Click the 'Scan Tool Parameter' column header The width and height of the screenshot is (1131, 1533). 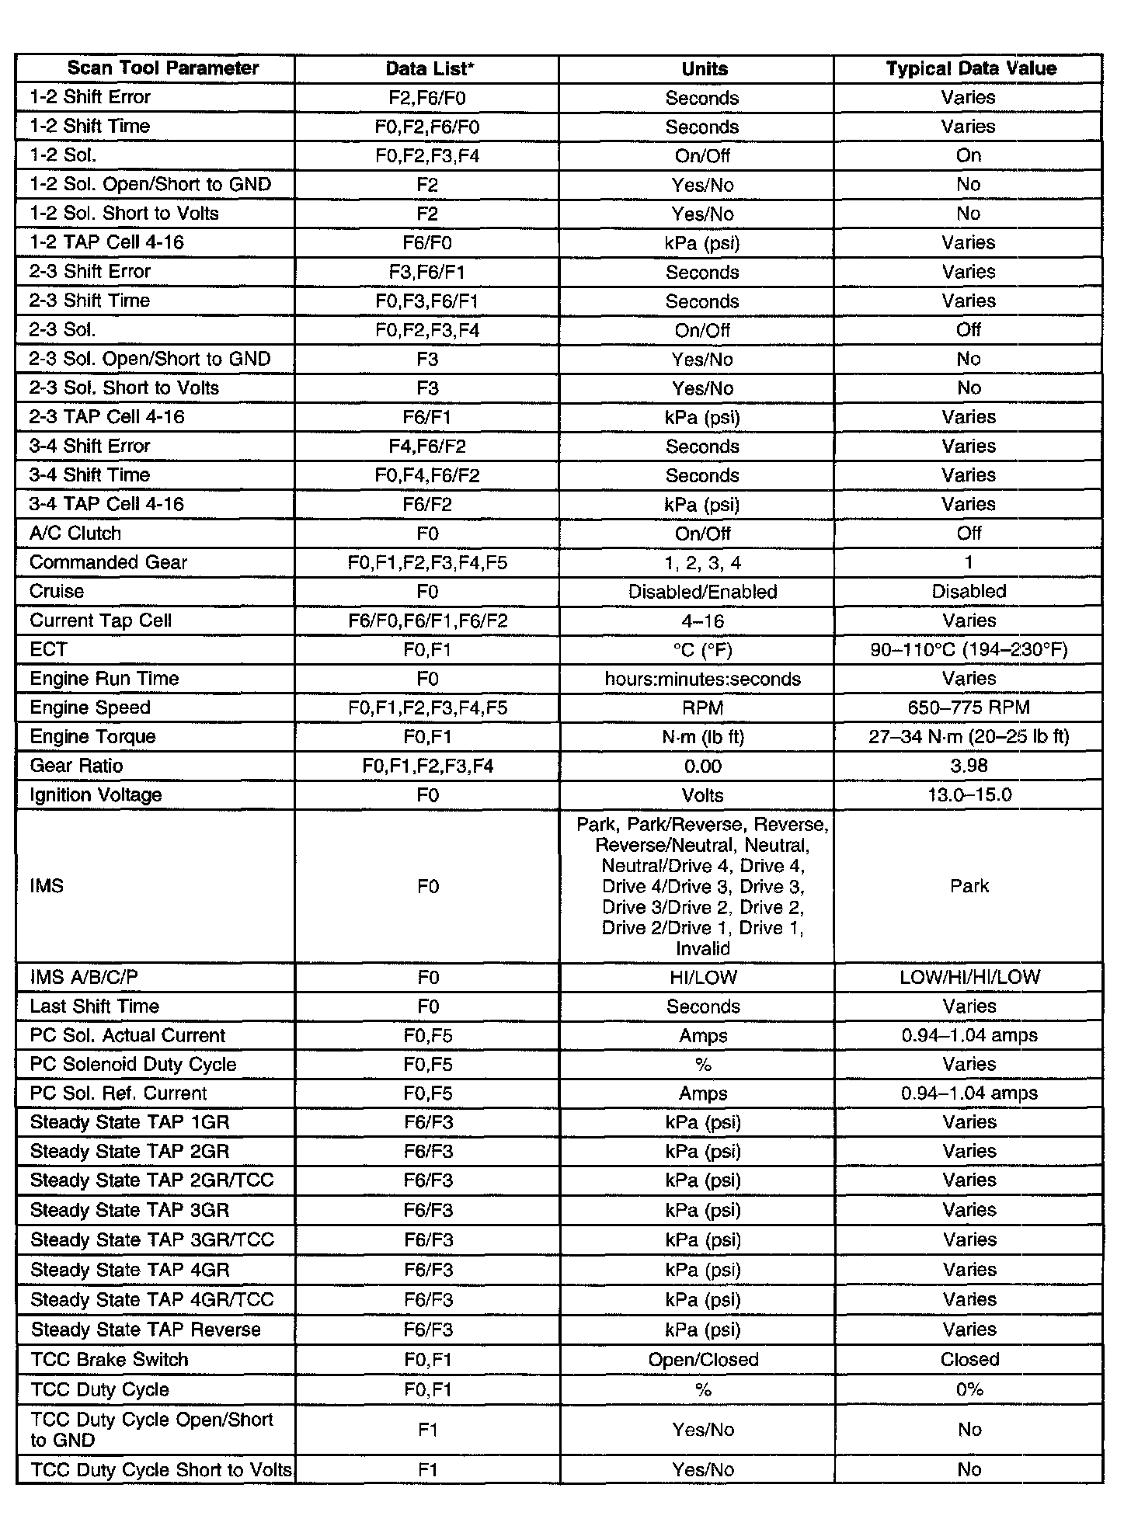coord(162,68)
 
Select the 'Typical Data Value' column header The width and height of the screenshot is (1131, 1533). coord(971,68)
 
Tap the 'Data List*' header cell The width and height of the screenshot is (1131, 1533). coord(430,68)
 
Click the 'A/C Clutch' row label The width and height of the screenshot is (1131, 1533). coord(75,534)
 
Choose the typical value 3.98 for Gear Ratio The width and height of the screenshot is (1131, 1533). coord(969,766)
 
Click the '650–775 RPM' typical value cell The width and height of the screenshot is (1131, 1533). coord(969,707)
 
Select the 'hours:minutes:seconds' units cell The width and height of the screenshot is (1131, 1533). coord(702,679)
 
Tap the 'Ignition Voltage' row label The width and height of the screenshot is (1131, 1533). coord(96,794)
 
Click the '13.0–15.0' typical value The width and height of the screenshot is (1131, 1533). coord(969,794)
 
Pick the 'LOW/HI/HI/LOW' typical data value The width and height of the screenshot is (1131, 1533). coord(969,977)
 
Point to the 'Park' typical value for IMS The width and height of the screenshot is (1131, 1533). coord(969,886)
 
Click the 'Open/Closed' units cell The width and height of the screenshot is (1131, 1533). coord(703,1359)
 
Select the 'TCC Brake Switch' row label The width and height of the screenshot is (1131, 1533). coord(110,1359)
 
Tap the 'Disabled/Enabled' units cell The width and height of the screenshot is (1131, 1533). coord(702,592)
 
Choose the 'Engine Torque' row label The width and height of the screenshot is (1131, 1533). coord(92,736)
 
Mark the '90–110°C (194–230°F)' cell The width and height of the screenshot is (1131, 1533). coord(969,649)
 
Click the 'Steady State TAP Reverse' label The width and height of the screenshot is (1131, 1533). coord(146,1330)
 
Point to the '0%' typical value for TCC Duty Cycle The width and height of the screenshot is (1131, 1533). coord(969,1389)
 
